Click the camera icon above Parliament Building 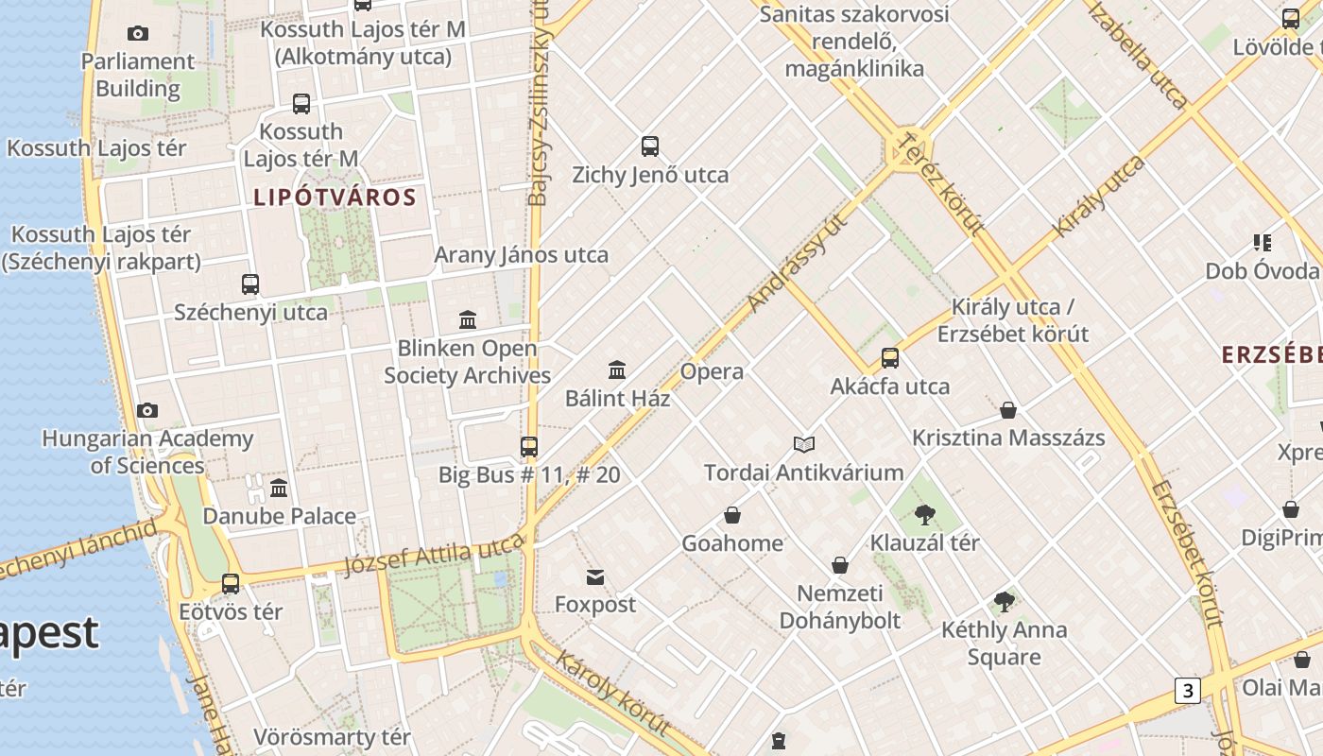[138, 34]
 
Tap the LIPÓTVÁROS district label [335, 198]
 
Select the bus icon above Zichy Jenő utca [650, 146]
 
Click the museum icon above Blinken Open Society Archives [468, 319]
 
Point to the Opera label [712, 371]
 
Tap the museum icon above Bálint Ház [617, 369]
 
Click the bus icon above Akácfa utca [890, 358]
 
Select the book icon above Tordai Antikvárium [804, 444]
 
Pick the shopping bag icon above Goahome [732, 515]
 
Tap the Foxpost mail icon [595, 576]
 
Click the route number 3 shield [1188, 691]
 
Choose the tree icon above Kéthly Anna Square [1005, 602]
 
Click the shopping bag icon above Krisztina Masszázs [1008, 410]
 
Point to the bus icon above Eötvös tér [231, 584]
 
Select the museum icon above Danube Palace [279, 489]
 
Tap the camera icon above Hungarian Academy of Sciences [147, 411]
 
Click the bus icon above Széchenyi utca [250, 284]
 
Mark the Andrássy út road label [796, 263]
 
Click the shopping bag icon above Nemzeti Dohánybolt [840, 565]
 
